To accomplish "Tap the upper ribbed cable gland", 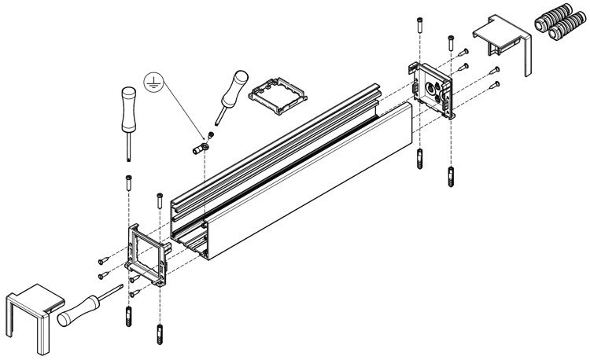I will tap(557, 22).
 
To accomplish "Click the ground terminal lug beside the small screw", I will tap(200, 145).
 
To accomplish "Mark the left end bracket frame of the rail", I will tap(148, 252).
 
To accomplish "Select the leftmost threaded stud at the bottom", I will tap(127, 319).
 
